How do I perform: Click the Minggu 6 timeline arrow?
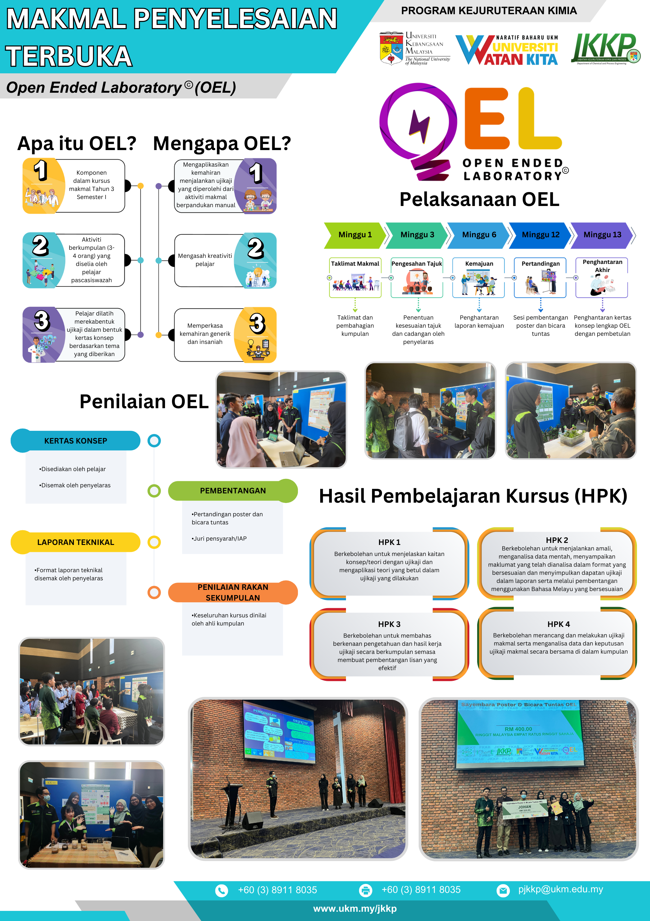(479, 235)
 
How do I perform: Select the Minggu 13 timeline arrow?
(602, 235)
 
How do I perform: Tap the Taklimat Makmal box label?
(355, 264)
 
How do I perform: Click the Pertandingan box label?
(540, 264)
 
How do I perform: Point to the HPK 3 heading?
(389, 624)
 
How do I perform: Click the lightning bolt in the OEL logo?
(419, 126)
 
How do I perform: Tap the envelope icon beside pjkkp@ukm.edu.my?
(503, 891)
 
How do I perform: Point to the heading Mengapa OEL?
(222, 144)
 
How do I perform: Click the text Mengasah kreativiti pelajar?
(205, 260)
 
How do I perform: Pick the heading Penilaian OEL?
(144, 402)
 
